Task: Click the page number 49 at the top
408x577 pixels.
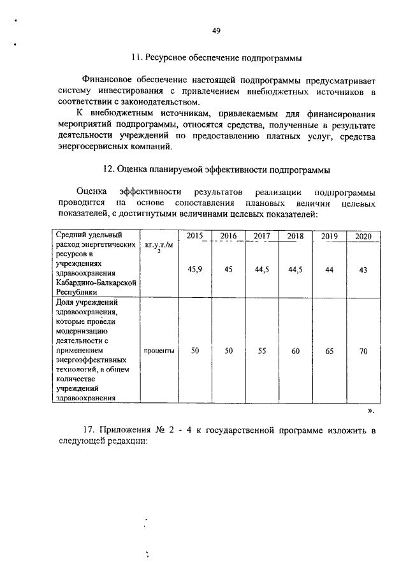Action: pos(216,31)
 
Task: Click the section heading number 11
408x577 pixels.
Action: pos(135,57)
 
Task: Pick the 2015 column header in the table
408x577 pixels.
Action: pos(194,236)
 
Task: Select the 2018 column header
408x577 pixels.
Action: pos(295,236)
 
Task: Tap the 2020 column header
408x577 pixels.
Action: pos(363,236)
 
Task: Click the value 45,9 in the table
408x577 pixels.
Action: pos(194,270)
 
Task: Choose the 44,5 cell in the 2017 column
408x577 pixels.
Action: pos(261,270)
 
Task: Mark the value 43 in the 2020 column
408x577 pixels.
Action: pos(363,270)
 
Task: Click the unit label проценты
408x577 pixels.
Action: pos(159,351)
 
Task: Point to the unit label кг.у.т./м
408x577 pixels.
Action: pos(159,244)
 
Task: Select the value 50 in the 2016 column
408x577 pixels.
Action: pos(228,351)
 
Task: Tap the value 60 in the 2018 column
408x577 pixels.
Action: pos(295,351)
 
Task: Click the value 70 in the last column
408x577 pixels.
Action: pos(363,351)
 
